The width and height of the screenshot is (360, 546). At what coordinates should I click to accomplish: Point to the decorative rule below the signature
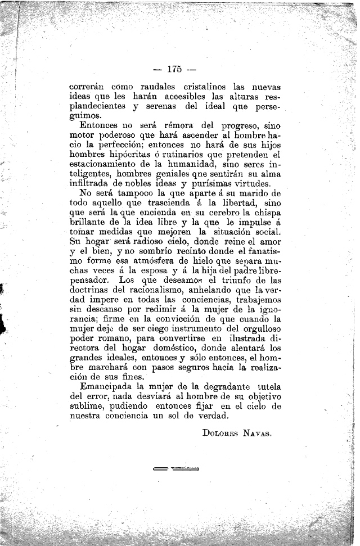point(175,468)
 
